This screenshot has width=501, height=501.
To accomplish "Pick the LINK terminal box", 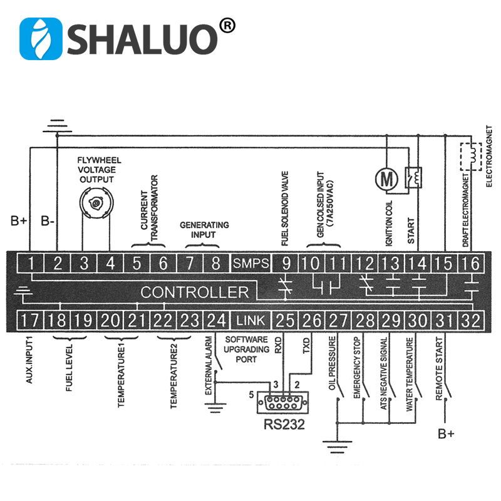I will pos(250,321).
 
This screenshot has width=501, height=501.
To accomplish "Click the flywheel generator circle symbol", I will pos(96,204).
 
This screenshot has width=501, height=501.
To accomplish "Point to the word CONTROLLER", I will pos(194,292).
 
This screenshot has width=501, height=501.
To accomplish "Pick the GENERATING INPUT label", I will pos(204,230).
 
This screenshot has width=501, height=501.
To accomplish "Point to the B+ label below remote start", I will pos(446,433).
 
